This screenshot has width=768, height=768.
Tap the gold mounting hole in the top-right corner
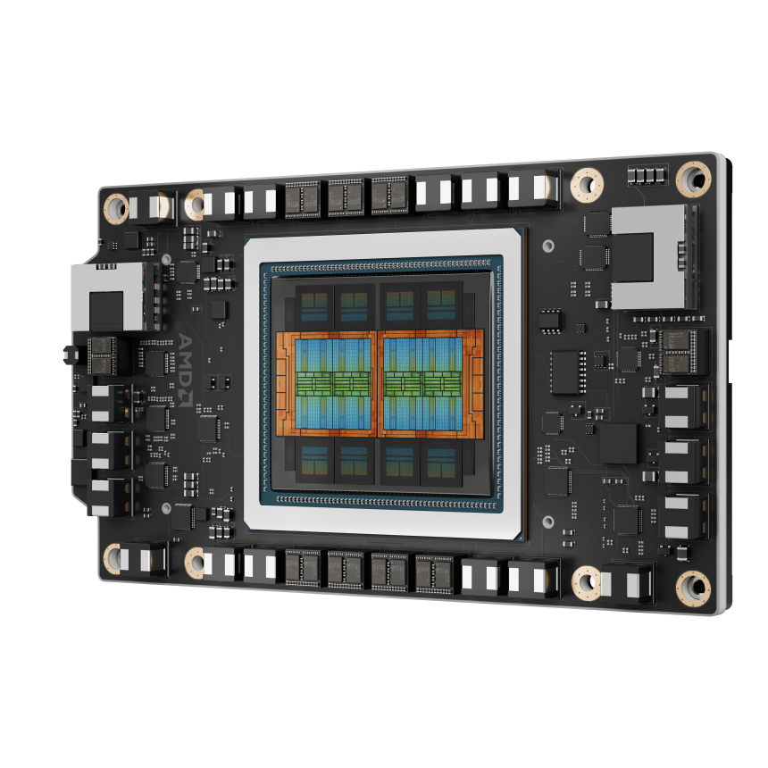[692, 178]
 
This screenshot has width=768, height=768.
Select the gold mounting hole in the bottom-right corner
[692, 587]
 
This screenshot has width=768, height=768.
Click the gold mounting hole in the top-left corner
[115, 208]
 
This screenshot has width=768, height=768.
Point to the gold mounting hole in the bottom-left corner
[113, 558]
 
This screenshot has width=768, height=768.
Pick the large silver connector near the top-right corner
[652, 256]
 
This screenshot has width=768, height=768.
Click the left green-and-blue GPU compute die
[332, 382]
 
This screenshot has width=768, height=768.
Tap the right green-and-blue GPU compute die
[427, 382]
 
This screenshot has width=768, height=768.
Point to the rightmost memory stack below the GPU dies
[441, 463]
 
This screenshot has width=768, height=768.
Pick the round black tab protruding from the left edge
[68, 355]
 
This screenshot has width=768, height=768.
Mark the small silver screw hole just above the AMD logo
[166, 259]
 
